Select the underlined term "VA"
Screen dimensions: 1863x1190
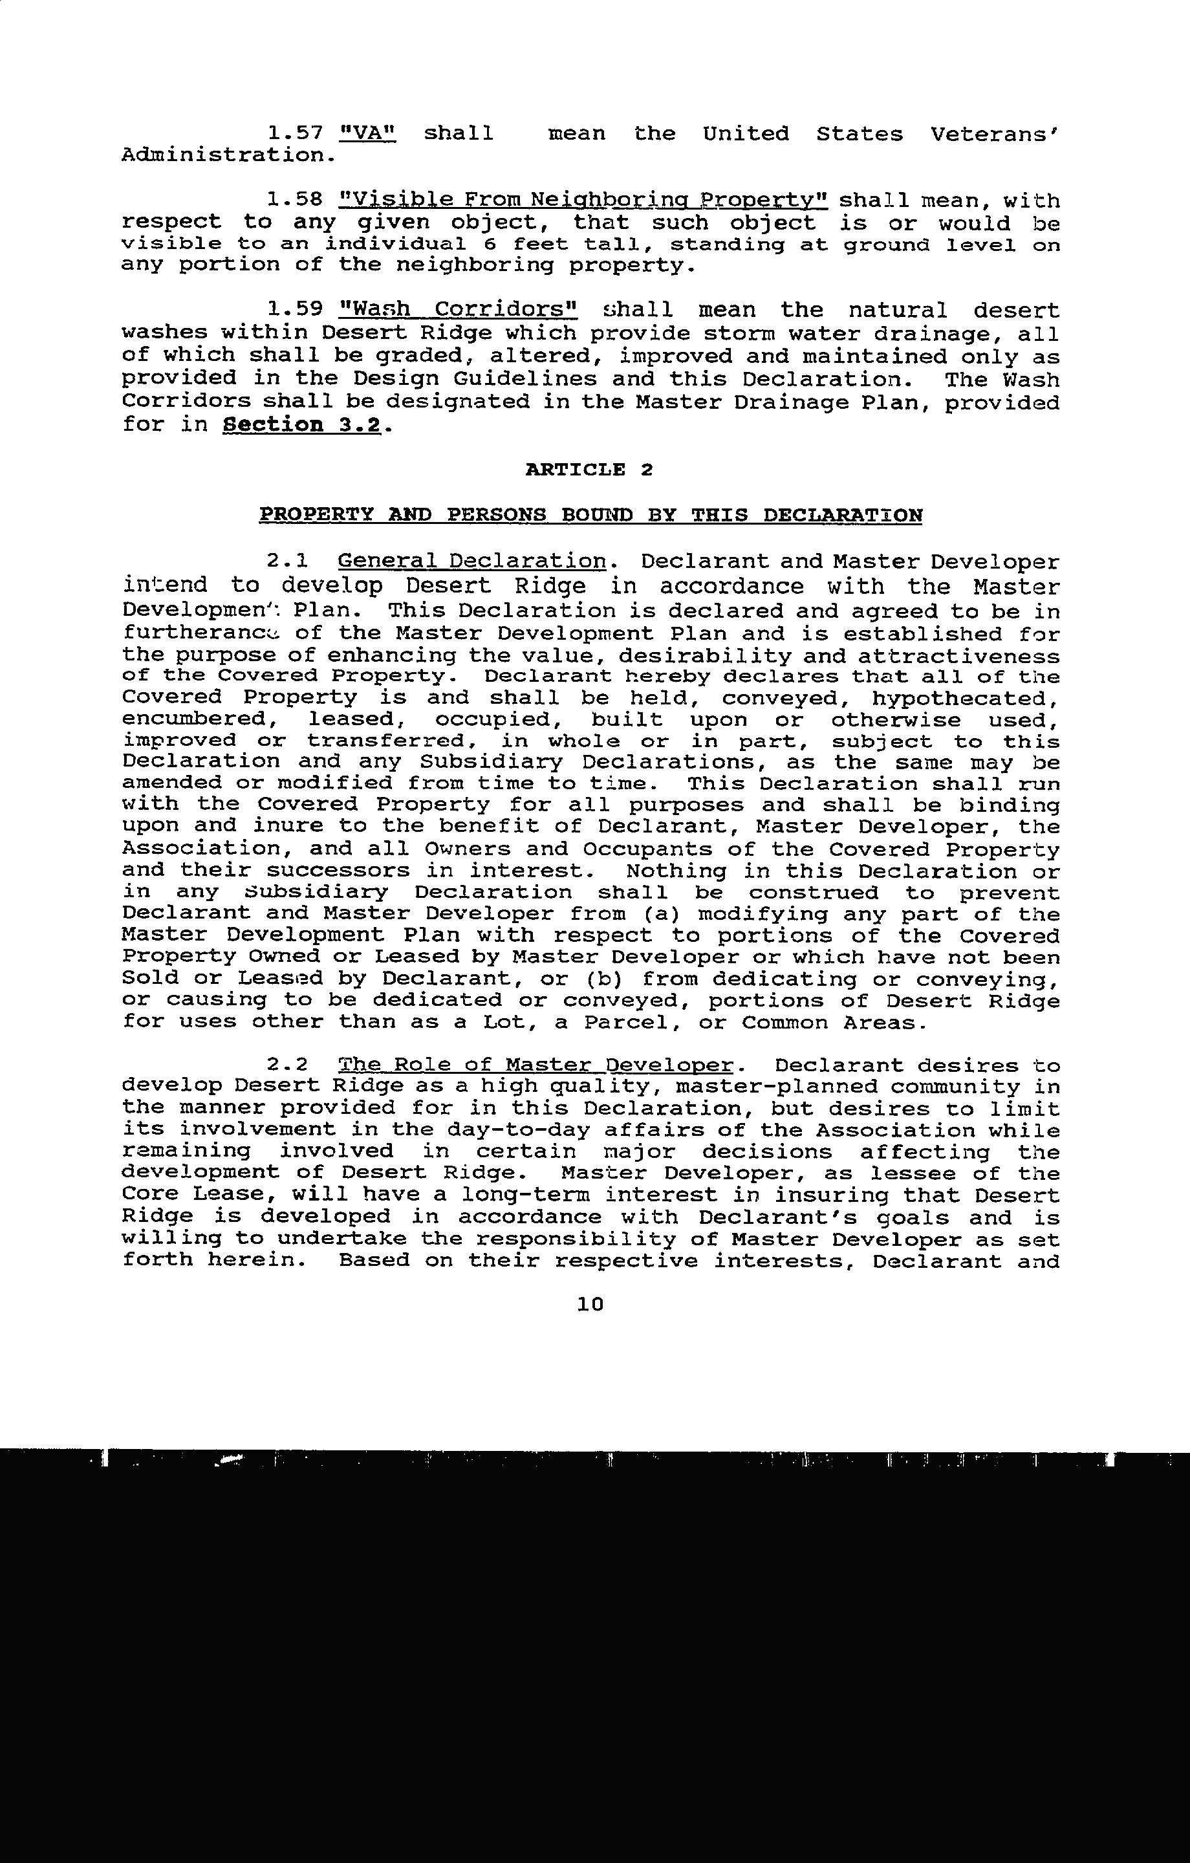(368, 134)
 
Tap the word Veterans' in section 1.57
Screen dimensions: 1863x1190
(994, 134)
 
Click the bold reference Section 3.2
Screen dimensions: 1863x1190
(302, 425)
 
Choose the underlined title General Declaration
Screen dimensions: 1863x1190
(472, 561)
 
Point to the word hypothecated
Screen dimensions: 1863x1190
(965, 699)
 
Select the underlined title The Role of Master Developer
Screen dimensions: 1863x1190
(535, 1066)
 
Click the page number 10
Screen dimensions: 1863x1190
(590, 1304)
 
